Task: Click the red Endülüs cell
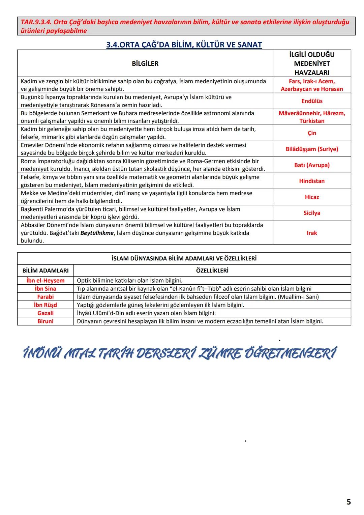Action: [312, 101]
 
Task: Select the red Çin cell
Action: [312, 133]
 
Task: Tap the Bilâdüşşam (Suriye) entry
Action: [312, 149]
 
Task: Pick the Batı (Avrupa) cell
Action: [312, 165]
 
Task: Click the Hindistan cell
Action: [312, 181]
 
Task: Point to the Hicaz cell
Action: [312, 197]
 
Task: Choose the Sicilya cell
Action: [312, 213]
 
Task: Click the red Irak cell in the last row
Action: [312, 233]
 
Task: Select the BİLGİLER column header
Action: [145, 64]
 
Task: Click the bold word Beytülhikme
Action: [97, 233]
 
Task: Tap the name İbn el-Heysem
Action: [45, 281]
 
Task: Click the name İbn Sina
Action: [45, 289]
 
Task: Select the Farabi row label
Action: [45, 297]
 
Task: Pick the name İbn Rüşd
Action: [45, 305]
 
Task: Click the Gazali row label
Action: [45, 313]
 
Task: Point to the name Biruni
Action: [45, 321]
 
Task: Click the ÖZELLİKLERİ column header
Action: [212, 270]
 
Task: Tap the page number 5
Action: [348, 502]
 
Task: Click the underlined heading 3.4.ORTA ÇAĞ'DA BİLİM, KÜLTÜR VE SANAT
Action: [184, 45]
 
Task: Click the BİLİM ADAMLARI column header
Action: [45, 270]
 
